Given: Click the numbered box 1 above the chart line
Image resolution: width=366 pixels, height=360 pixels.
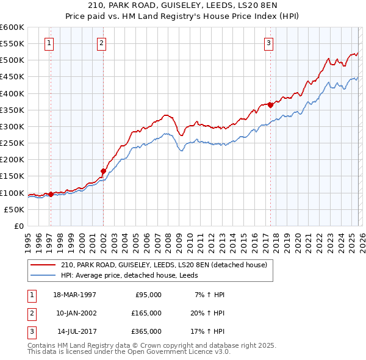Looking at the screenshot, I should [x=48, y=43].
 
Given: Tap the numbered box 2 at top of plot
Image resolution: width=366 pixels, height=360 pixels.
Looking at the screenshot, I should [x=101, y=43].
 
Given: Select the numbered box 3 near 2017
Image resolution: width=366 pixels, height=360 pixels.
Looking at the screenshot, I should [x=268, y=43].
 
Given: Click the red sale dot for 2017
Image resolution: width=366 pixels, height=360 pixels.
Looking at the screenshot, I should [x=270, y=105].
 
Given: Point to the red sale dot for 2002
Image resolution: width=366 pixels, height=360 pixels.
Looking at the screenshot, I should [x=103, y=171].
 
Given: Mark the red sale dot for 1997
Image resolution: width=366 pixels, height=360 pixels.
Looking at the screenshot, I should [x=51, y=194].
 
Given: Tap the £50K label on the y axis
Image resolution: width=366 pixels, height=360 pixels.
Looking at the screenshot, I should [x=14, y=209].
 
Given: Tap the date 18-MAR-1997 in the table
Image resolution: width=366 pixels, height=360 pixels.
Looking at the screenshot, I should [x=74, y=294].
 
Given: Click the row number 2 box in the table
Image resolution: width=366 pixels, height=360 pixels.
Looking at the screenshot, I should [x=30, y=313].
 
